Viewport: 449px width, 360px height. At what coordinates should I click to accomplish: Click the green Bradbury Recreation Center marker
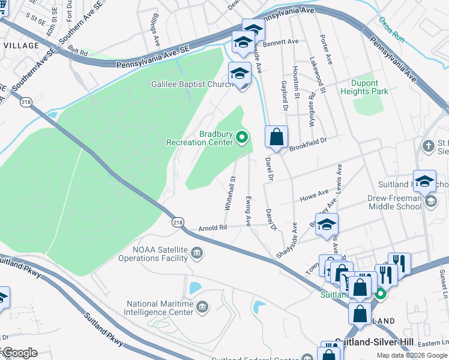click(243, 138)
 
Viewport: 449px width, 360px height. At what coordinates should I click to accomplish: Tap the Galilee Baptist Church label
click(191, 85)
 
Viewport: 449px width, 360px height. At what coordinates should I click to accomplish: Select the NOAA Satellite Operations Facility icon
click(197, 255)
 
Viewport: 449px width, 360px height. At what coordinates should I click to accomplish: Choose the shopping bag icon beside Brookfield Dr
click(276, 137)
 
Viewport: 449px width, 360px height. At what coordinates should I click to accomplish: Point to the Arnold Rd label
click(212, 228)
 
